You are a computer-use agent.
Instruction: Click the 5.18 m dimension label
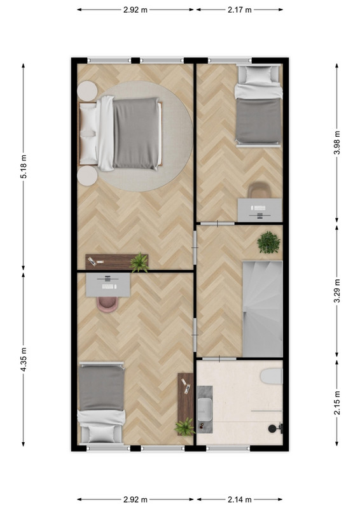[x=24, y=167]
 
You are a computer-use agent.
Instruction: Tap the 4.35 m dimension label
[x=24, y=359]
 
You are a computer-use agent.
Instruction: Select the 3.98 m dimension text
[x=337, y=143]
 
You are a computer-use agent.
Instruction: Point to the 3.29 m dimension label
[x=337, y=291]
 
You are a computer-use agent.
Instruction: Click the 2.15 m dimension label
[x=337, y=403]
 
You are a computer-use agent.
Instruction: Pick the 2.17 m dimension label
[x=240, y=10]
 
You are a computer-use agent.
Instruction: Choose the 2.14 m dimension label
[x=240, y=499]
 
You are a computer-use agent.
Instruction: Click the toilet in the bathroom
[x=272, y=376]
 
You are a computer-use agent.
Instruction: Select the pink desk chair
[x=107, y=304]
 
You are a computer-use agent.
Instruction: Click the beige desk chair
[x=260, y=190]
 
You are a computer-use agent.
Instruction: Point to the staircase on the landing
[x=263, y=309]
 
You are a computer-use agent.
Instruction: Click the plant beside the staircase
[x=269, y=242]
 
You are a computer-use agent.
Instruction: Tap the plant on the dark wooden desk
[x=139, y=263]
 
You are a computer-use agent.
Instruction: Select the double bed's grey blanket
[x=136, y=133]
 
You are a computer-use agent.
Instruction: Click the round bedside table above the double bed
[x=87, y=91]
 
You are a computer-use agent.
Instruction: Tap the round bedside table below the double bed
[x=87, y=176]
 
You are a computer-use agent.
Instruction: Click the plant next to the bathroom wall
[x=185, y=426]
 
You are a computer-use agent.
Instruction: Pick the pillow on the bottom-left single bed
[x=102, y=434]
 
